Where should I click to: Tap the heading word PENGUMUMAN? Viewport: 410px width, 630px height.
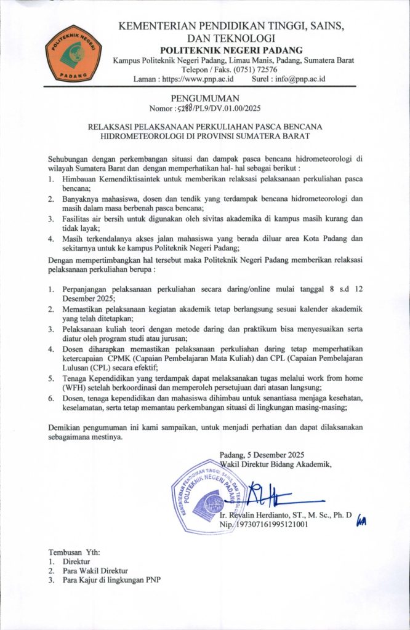204,98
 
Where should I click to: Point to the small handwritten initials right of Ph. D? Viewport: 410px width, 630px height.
361,521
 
